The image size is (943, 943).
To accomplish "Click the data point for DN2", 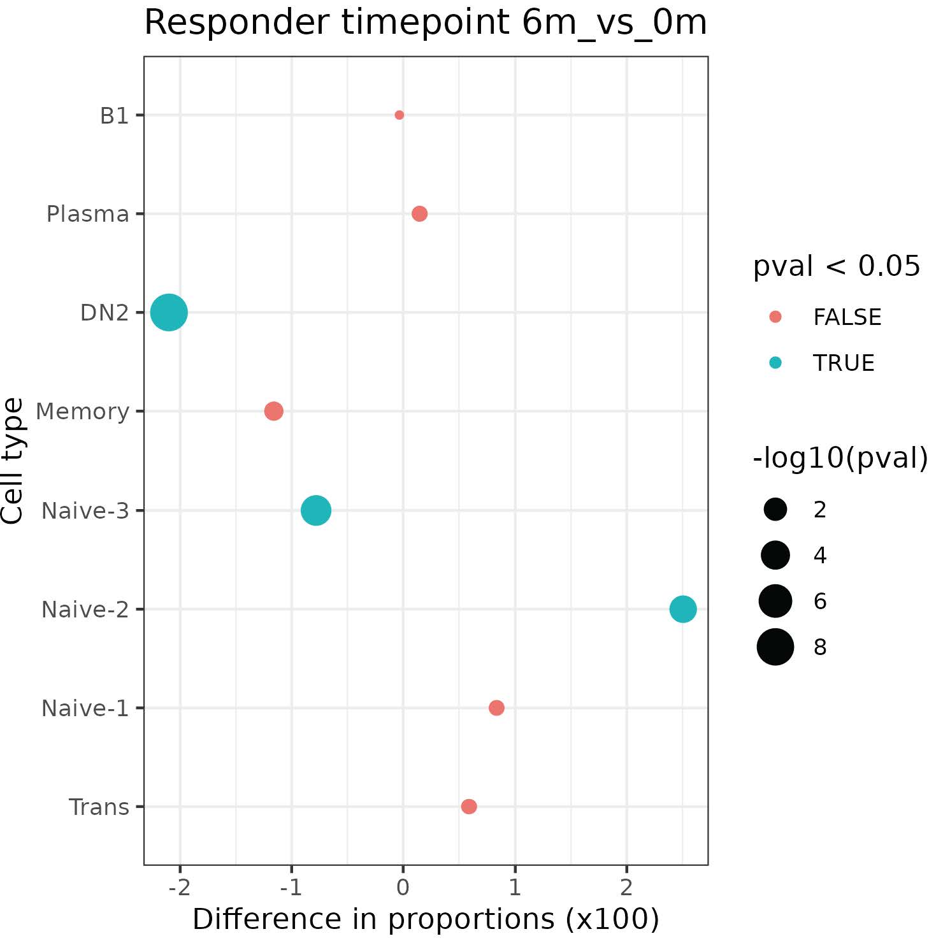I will [169, 312].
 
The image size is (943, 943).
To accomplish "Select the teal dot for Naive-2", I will [683, 609].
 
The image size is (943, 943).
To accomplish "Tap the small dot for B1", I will [400, 115].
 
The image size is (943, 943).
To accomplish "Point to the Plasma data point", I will [419, 213].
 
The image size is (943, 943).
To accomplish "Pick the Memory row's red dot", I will [274, 411].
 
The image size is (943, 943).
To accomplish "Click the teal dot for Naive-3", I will [316, 510].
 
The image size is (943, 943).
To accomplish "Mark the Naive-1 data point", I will [496, 708].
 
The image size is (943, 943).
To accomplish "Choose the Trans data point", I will [469, 807].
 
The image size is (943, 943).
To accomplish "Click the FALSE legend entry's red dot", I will [775, 317].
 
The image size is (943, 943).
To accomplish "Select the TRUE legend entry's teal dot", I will [775, 363].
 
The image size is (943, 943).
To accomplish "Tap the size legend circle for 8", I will [775, 647].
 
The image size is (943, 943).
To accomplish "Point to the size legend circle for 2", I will [775, 509].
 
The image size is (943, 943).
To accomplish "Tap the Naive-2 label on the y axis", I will [85, 610].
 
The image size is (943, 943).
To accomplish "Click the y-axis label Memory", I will [82, 412].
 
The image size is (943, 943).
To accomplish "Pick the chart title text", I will [426, 23].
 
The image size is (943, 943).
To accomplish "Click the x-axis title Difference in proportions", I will [426, 919].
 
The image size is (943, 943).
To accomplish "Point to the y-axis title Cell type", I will [13, 461].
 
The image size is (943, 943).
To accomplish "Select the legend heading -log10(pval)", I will [840, 457].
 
